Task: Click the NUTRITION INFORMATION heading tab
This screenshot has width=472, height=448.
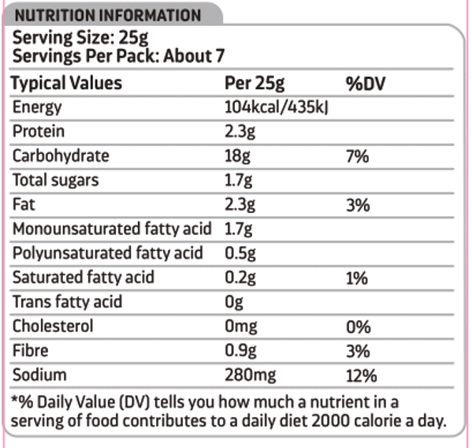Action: tap(108, 15)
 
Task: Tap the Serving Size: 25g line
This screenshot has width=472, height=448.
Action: tap(80, 38)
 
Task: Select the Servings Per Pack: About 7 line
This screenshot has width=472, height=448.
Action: tap(119, 56)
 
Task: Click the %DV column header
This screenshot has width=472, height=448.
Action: tap(366, 84)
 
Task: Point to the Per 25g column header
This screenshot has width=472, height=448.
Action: tap(255, 84)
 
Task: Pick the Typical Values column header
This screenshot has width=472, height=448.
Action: tap(66, 84)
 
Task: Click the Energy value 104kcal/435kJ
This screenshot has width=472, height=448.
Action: tap(277, 107)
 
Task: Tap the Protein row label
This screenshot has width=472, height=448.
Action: tap(39, 132)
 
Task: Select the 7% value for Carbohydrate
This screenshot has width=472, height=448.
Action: tap(357, 156)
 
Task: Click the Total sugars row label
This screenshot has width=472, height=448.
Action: tap(56, 180)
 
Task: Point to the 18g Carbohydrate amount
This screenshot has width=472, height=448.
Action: tap(237, 156)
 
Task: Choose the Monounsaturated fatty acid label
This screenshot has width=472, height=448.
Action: tap(112, 229)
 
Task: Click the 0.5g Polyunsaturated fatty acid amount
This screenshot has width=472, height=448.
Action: tap(240, 253)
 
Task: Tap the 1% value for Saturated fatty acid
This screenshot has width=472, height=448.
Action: tap(357, 278)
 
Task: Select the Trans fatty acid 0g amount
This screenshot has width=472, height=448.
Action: tap(234, 302)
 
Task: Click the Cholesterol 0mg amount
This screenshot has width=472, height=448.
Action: tap(241, 327)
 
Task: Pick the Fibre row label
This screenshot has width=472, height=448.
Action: tap(31, 350)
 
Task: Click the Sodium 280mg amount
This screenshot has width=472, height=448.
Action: tap(250, 375)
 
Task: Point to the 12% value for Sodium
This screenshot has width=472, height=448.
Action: tap(361, 375)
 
